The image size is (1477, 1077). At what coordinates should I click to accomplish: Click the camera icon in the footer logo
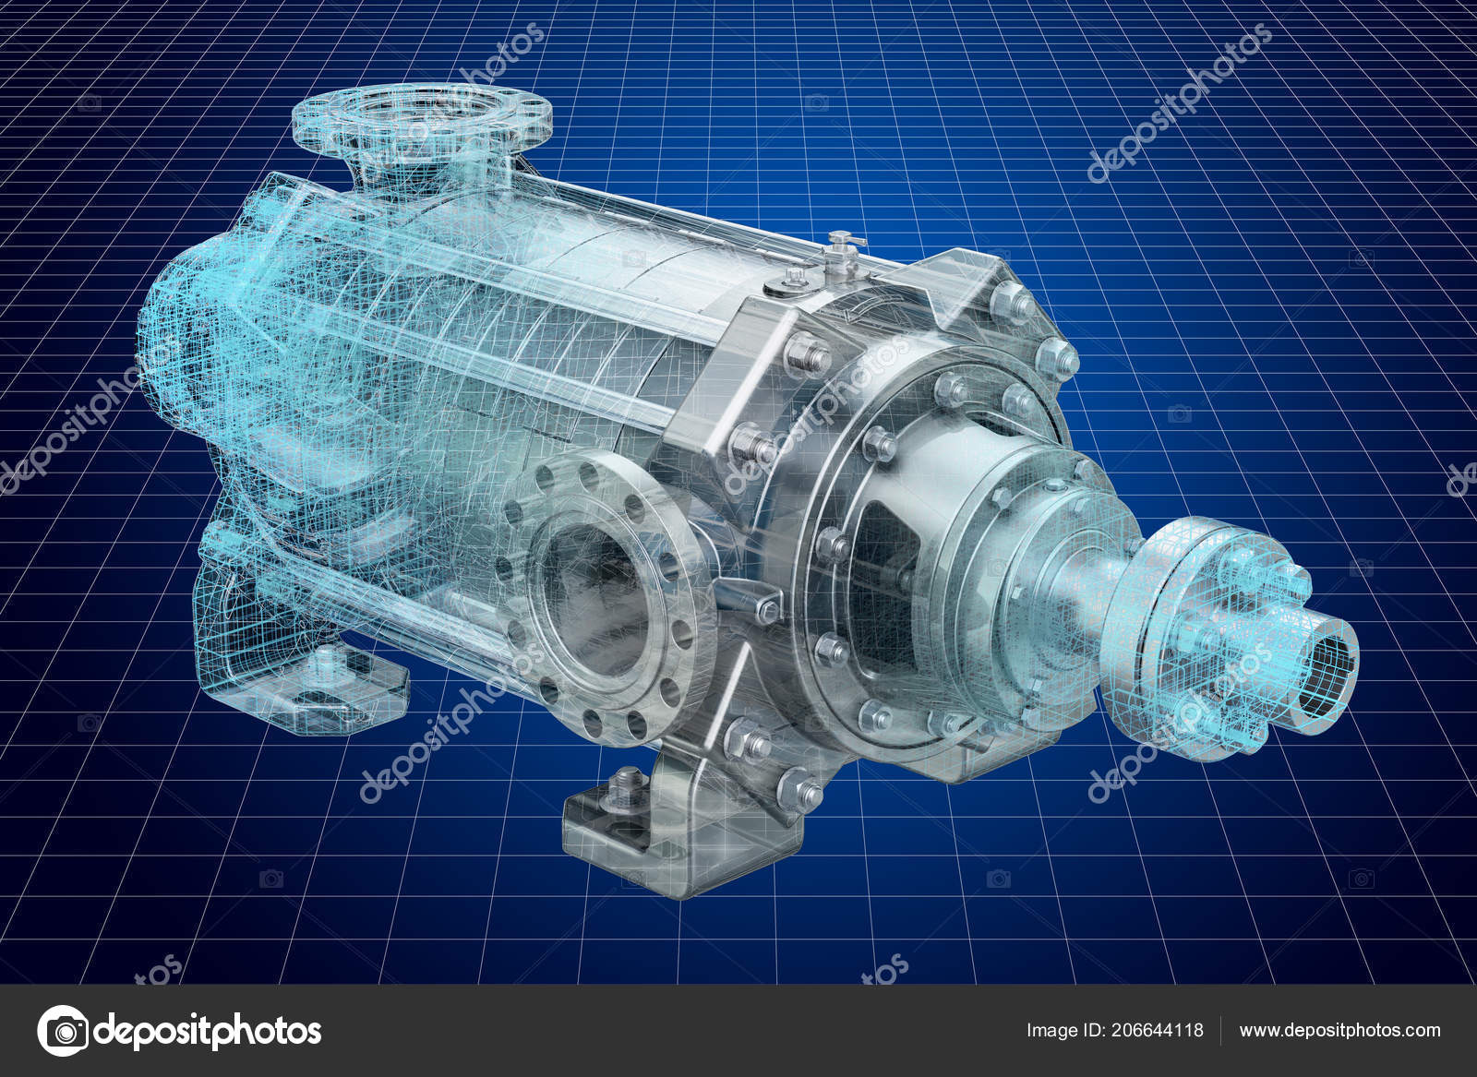click(63, 1030)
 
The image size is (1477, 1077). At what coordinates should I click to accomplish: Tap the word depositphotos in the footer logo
click(208, 1030)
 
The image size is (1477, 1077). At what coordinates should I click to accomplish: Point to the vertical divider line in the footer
click(1221, 1030)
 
